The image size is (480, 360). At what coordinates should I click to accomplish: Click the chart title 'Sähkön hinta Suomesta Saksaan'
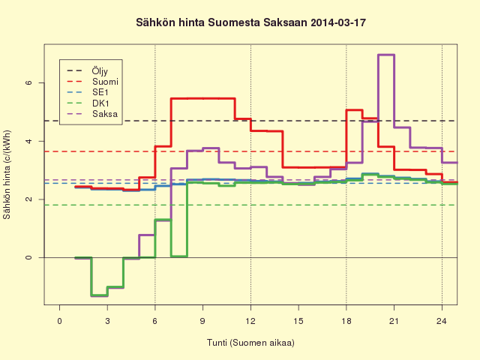tap(222, 22)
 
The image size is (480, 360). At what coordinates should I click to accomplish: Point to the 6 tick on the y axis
tap(28, 82)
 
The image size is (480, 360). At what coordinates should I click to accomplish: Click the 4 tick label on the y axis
tap(28, 141)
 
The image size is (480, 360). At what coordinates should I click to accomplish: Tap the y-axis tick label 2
tap(28, 199)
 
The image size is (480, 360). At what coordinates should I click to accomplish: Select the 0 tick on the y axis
tap(28, 257)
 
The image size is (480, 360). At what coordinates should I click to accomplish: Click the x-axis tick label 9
tap(202, 321)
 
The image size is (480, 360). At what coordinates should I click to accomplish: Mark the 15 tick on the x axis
tap(298, 321)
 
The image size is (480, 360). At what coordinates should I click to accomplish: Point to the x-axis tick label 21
tap(394, 321)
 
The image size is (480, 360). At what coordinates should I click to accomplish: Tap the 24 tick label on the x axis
tap(442, 321)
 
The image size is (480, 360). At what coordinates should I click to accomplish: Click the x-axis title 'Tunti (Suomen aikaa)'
tap(250, 343)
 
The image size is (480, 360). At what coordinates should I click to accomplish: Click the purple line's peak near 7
tap(386, 55)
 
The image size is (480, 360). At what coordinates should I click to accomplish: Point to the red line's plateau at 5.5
tap(203, 98)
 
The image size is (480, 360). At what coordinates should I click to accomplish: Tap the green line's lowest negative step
tap(99, 295)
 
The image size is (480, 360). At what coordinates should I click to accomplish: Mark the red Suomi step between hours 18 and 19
tap(354, 109)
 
